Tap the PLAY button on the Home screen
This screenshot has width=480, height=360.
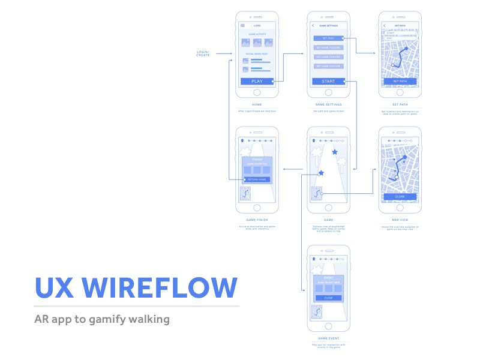tap(256, 81)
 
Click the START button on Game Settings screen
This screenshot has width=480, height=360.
tap(328, 81)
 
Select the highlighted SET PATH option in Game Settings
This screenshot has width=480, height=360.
tap(328, 38)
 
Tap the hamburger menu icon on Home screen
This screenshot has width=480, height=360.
tap(242, 25)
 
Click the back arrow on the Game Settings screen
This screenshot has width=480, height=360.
tap(313, 26)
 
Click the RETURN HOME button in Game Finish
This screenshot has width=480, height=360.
tap(257, 179)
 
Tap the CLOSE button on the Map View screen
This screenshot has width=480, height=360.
tap(400, 196)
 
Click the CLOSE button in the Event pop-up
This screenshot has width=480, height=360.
tap(328, 298)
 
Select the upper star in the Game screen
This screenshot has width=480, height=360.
tap(335, 152)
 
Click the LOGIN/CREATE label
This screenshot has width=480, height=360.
tap(203, 53)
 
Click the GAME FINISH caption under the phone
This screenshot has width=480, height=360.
tap(257, 220)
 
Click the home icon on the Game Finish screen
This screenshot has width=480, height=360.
tap(242, 140)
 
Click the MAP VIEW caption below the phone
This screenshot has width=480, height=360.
tap(400, 220)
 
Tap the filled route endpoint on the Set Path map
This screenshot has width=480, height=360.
tap(407, 47)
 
